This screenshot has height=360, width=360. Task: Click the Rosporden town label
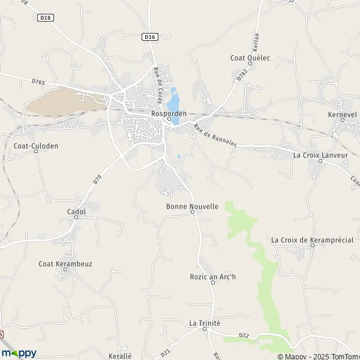coord(169,113)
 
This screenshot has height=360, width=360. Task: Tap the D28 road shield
coord(45,18)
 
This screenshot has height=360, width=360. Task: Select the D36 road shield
coord(150,37)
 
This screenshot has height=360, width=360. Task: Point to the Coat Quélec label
coord(251,58)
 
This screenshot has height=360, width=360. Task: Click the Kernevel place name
coord(343,113)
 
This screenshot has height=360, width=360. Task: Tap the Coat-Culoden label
coord(35,145)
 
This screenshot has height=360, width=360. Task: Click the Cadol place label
coord(76,212)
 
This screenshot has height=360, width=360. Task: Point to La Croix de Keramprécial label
coord(312,240)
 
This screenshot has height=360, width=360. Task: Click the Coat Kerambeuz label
coord(65,263)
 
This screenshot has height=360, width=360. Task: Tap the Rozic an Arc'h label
coord(213,276)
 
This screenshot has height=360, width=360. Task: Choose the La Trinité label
coord(205,323)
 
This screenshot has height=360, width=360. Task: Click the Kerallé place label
coord(120,356)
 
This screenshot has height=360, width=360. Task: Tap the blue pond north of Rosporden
coord(174,95)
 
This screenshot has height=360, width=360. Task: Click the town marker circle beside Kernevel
coord(343,120)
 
